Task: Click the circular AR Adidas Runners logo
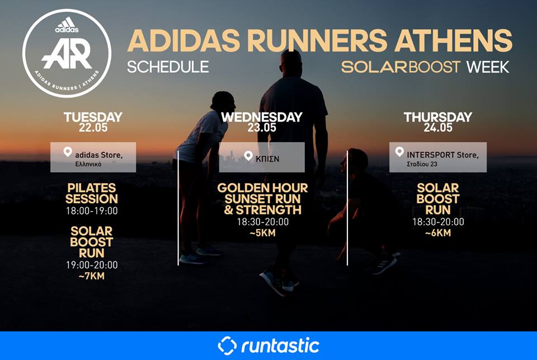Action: [67, 53]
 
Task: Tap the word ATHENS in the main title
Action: [454, 40]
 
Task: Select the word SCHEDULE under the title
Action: [168, 67]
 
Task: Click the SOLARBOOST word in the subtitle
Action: [401, 67]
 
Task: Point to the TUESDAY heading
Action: [93, 117]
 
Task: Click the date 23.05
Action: [262, 128]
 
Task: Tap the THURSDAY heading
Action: [438, 117]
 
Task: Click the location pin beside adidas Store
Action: [68, 152]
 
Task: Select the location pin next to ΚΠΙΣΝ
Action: [248, 156]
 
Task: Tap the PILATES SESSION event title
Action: [92, 193]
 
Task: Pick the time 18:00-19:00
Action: [92, 211]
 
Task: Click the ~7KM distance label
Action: [92, 275]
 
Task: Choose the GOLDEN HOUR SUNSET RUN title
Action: [263, 193]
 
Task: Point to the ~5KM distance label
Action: [263, 233]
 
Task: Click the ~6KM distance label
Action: [438, 233]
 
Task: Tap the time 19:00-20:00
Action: [92, 265]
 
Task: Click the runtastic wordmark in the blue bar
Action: [280, 345]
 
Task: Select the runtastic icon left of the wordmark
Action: [227, 345]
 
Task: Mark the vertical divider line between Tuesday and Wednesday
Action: [178, 208]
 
